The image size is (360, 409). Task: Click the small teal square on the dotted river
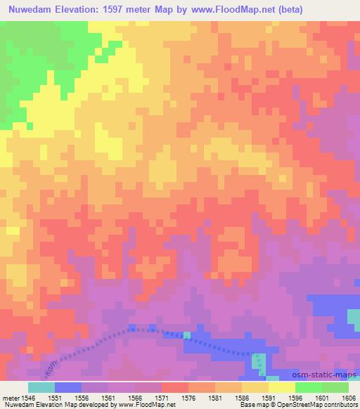(x=187, y=335)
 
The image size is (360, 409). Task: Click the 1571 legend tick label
(x=162, y=398)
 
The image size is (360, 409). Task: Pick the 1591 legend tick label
(x=268, y=398)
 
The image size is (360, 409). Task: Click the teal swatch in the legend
(x=41, y=387)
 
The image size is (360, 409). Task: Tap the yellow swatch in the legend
(x=281, y=387)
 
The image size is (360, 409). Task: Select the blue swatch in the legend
(x=68, y=387)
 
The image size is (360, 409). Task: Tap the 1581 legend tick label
(x=215, y=398)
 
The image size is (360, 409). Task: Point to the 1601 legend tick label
(x=321, y=398)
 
